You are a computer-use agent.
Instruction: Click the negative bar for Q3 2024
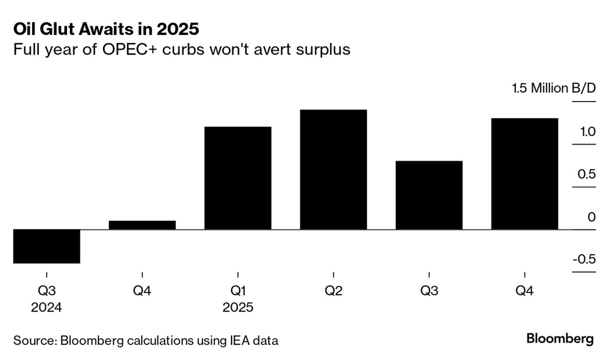(x=46, y=246)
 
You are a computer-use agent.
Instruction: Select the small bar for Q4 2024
(x=142, y=225)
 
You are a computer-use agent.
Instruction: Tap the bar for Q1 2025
(x=238, y=178)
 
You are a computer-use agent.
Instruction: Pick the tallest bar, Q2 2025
(x=333, y=169)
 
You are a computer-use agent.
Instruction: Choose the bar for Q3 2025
(x=429, y=195)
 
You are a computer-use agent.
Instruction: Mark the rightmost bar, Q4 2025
(x=524, y=174)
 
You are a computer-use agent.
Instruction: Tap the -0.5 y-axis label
(x=583, y=259)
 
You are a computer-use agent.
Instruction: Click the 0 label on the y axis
(x=591, y=217)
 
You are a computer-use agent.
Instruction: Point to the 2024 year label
(x=46, y=307)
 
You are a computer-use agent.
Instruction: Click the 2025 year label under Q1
(x=238, y=307)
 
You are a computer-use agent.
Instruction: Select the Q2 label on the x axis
(x=333, y=291)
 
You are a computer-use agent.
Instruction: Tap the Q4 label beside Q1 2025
(x=142, y=291)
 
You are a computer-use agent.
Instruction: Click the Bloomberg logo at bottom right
(x=560, y=339)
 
